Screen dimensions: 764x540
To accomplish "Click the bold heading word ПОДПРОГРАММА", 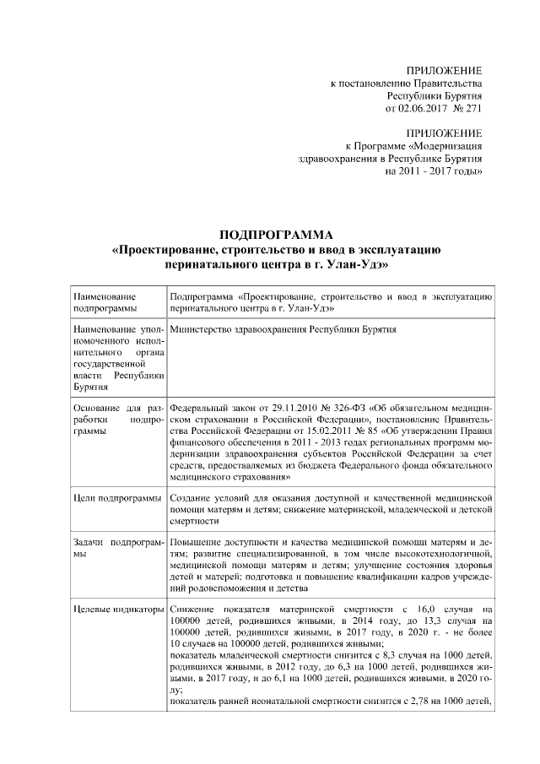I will [277, 234].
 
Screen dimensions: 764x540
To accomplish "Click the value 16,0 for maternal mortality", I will [421, 610].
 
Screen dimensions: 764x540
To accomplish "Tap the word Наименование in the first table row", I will [103, 297].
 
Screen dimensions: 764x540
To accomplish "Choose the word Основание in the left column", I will [99, 407].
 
